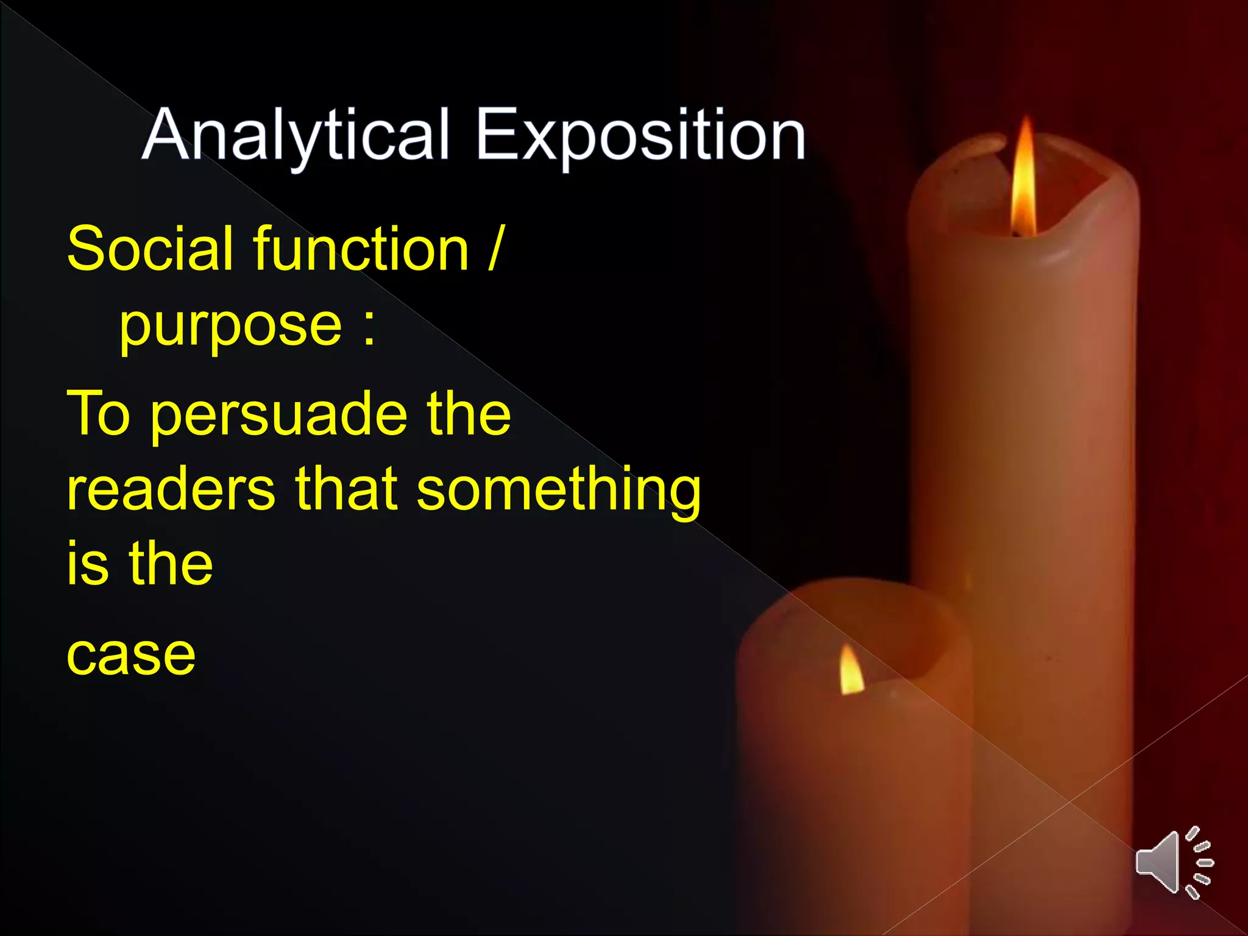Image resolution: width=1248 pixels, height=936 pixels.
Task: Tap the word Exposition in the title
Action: [640, 135]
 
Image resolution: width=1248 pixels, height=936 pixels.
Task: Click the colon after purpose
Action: [369, 328]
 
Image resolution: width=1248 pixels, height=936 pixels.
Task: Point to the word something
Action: [558, 491]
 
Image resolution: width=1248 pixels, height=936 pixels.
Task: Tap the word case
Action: [131, 656]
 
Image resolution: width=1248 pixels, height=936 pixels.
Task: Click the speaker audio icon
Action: [1173, 862]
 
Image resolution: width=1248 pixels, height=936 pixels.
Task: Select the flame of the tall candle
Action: [1025, 180]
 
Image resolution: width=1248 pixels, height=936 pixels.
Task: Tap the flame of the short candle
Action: [851, 671]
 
